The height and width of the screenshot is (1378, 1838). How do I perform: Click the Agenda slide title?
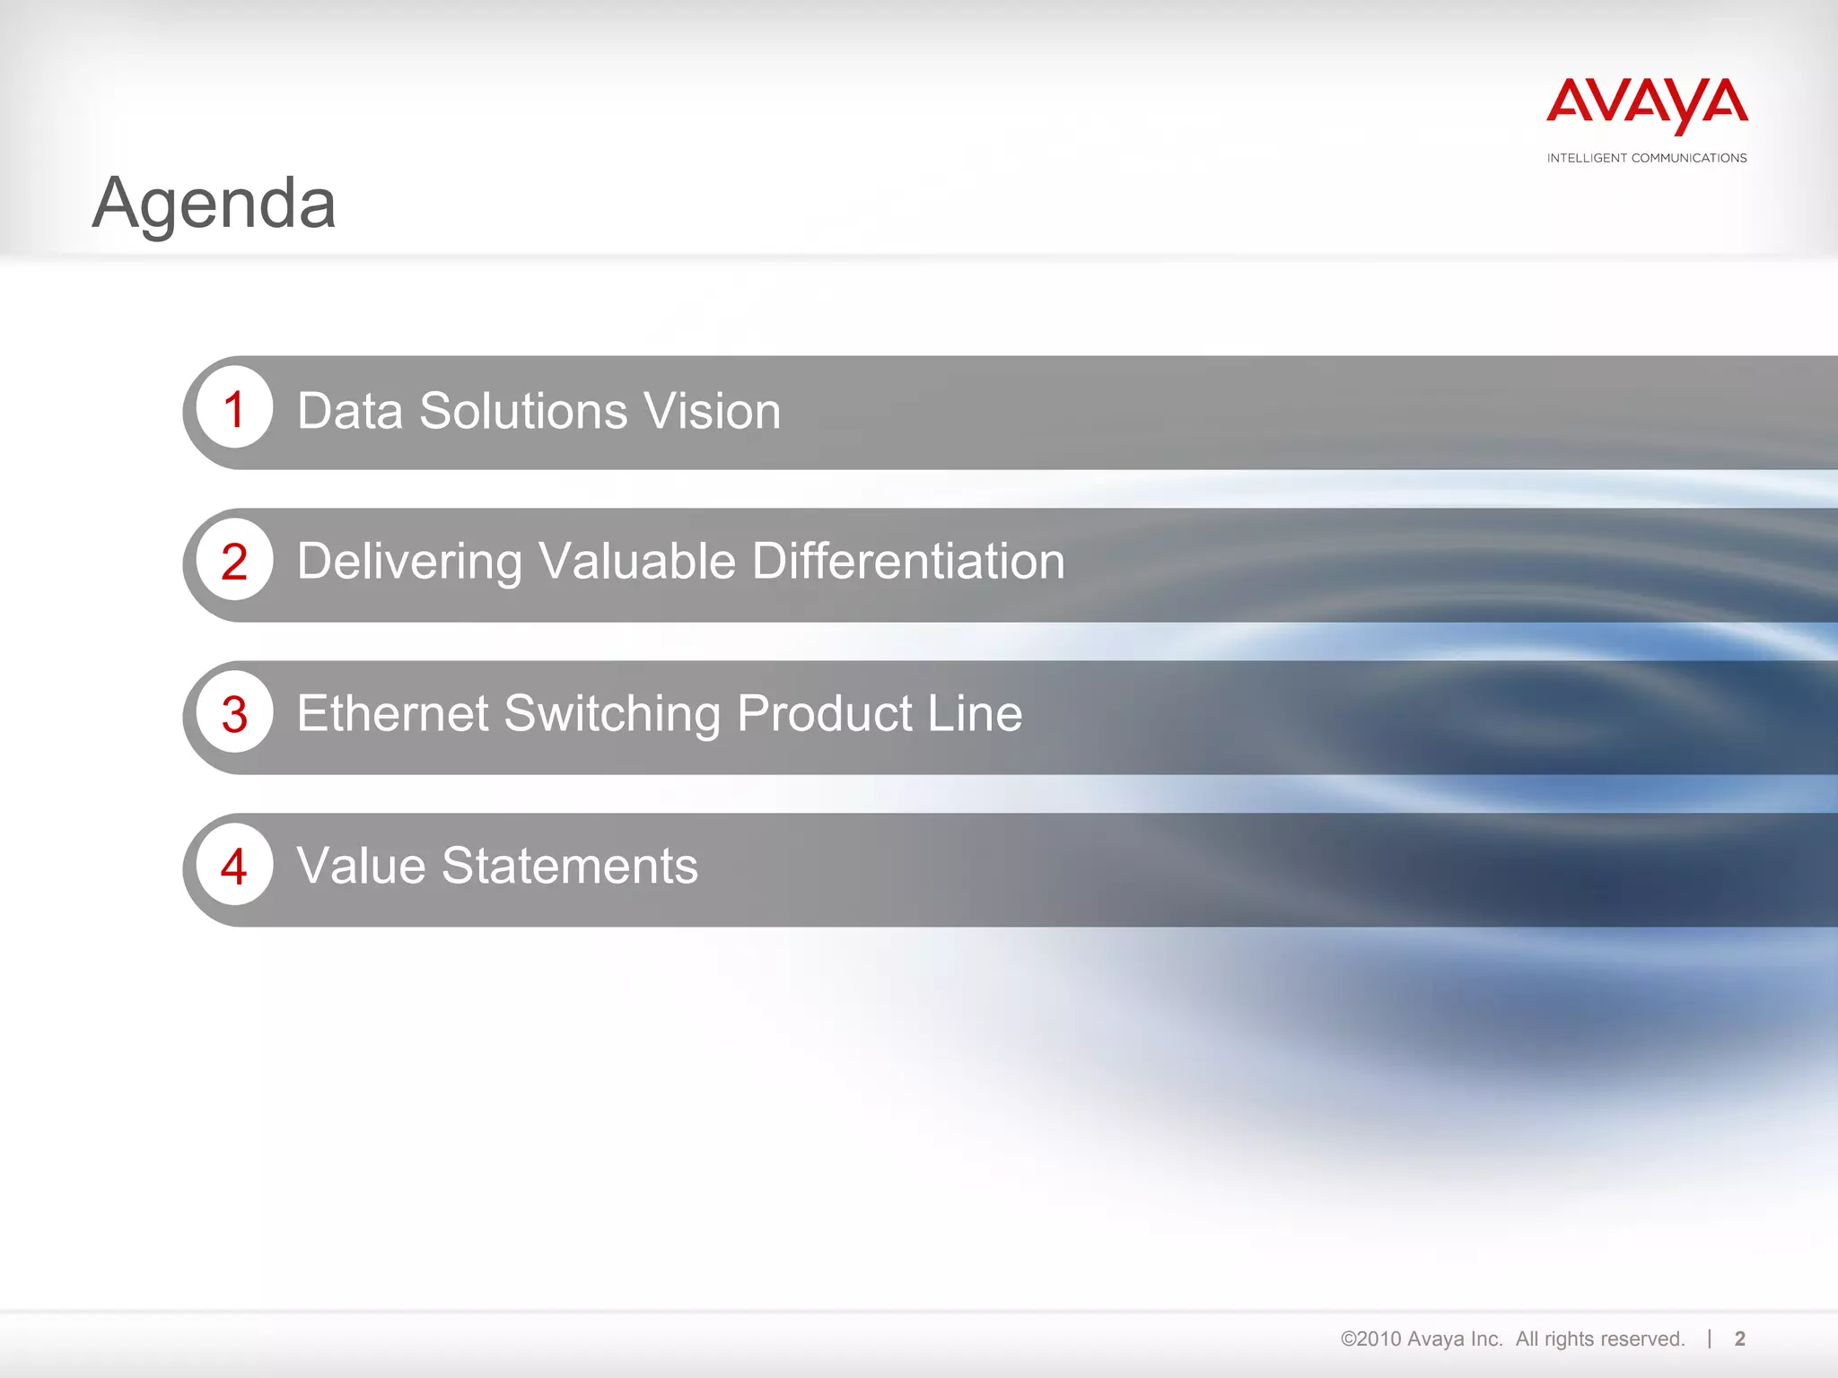tap(214, 204)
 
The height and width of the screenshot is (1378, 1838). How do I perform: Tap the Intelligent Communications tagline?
tap(1647, 158)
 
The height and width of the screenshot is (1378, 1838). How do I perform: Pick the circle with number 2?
tap(234, 562)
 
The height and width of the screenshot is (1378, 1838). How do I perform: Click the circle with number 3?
tap(234, 714)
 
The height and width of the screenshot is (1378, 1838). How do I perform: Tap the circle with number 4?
tap(234, 867)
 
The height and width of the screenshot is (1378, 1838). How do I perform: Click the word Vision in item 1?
tap(713, 411)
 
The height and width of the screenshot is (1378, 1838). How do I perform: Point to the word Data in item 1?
tap(350, 411)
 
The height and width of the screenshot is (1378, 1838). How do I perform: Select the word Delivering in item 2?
tap(409, 563)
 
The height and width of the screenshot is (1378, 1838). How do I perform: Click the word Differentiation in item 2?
tap(908, 562)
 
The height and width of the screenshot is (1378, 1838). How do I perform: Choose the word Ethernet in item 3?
tap(392, 714)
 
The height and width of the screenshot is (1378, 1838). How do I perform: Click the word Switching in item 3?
tap(612, 716)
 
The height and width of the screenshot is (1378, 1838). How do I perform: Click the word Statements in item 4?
tap(569, 867)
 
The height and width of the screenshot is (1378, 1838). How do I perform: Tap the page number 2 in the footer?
tap(1740, 1339)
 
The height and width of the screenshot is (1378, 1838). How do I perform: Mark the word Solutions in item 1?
tap(523, 411)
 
